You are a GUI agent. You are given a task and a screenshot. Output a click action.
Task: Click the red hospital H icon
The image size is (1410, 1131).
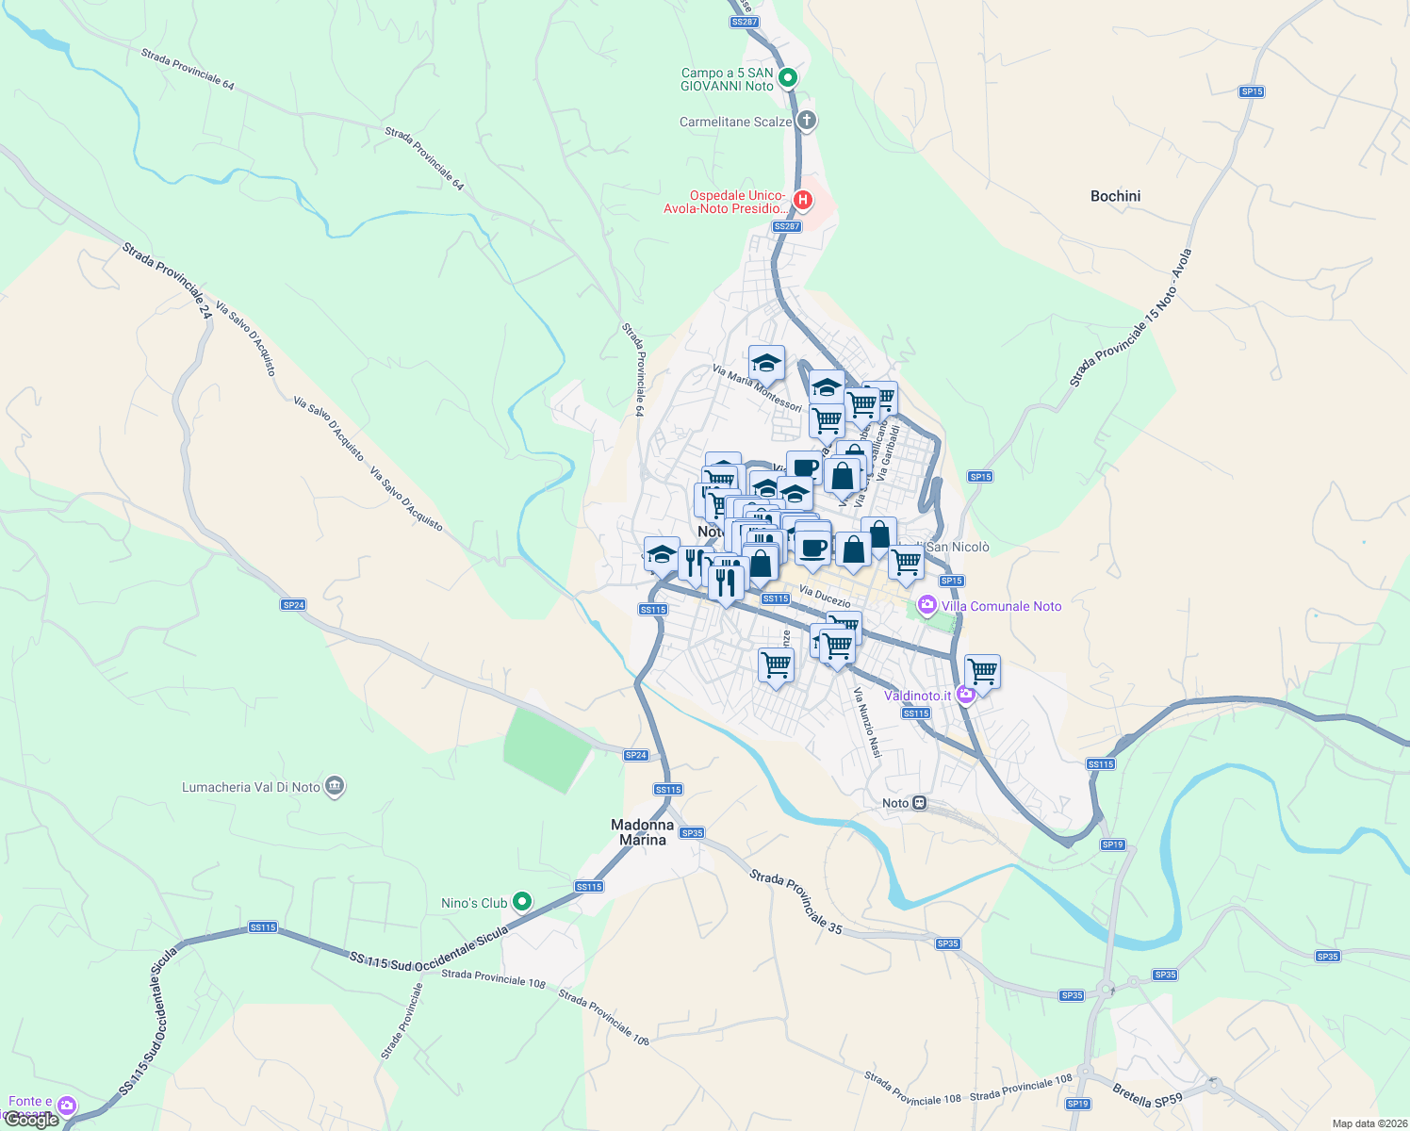(802, 200)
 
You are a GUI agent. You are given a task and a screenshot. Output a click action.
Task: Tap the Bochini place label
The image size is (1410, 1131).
(1115, 196)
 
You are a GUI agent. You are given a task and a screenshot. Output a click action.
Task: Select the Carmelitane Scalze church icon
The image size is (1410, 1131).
(806, 121)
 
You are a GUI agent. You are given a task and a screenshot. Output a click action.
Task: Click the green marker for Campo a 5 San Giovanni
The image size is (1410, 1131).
(789, 78)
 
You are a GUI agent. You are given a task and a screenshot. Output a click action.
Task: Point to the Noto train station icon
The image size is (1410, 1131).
(920, 803)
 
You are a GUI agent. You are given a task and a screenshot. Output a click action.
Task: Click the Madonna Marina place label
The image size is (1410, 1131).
(642, 832)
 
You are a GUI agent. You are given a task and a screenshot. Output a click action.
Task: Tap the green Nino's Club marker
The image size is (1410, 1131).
(521, 902)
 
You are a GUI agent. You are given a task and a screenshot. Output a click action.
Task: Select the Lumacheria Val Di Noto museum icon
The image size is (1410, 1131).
(334, 786)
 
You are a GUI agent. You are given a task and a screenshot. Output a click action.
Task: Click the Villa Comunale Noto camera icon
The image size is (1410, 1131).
(927, 605)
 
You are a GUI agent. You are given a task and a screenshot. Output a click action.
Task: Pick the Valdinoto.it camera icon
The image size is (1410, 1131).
(965, 696)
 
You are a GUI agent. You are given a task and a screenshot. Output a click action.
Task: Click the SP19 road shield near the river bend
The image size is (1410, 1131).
(1112, 844)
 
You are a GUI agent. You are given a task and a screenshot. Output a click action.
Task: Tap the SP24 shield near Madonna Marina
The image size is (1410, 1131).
(636, 755)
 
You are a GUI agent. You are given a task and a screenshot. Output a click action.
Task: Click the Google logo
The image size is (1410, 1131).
(31, 1120)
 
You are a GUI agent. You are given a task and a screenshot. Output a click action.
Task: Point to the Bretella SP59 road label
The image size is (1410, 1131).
(1147, 1096)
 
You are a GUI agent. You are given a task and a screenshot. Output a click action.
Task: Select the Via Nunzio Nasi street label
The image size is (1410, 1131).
(867, 723)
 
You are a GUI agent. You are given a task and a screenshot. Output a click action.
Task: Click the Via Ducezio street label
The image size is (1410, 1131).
(825, 596)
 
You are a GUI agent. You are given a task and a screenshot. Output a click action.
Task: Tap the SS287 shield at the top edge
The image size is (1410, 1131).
(744, 22)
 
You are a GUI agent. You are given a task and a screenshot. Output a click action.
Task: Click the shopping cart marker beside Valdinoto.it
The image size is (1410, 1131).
(982, 672)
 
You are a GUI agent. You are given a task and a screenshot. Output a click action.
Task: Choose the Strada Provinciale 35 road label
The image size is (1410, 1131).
(796, 902)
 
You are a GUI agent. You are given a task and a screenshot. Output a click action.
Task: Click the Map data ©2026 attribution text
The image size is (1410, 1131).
(1369, 1123)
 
